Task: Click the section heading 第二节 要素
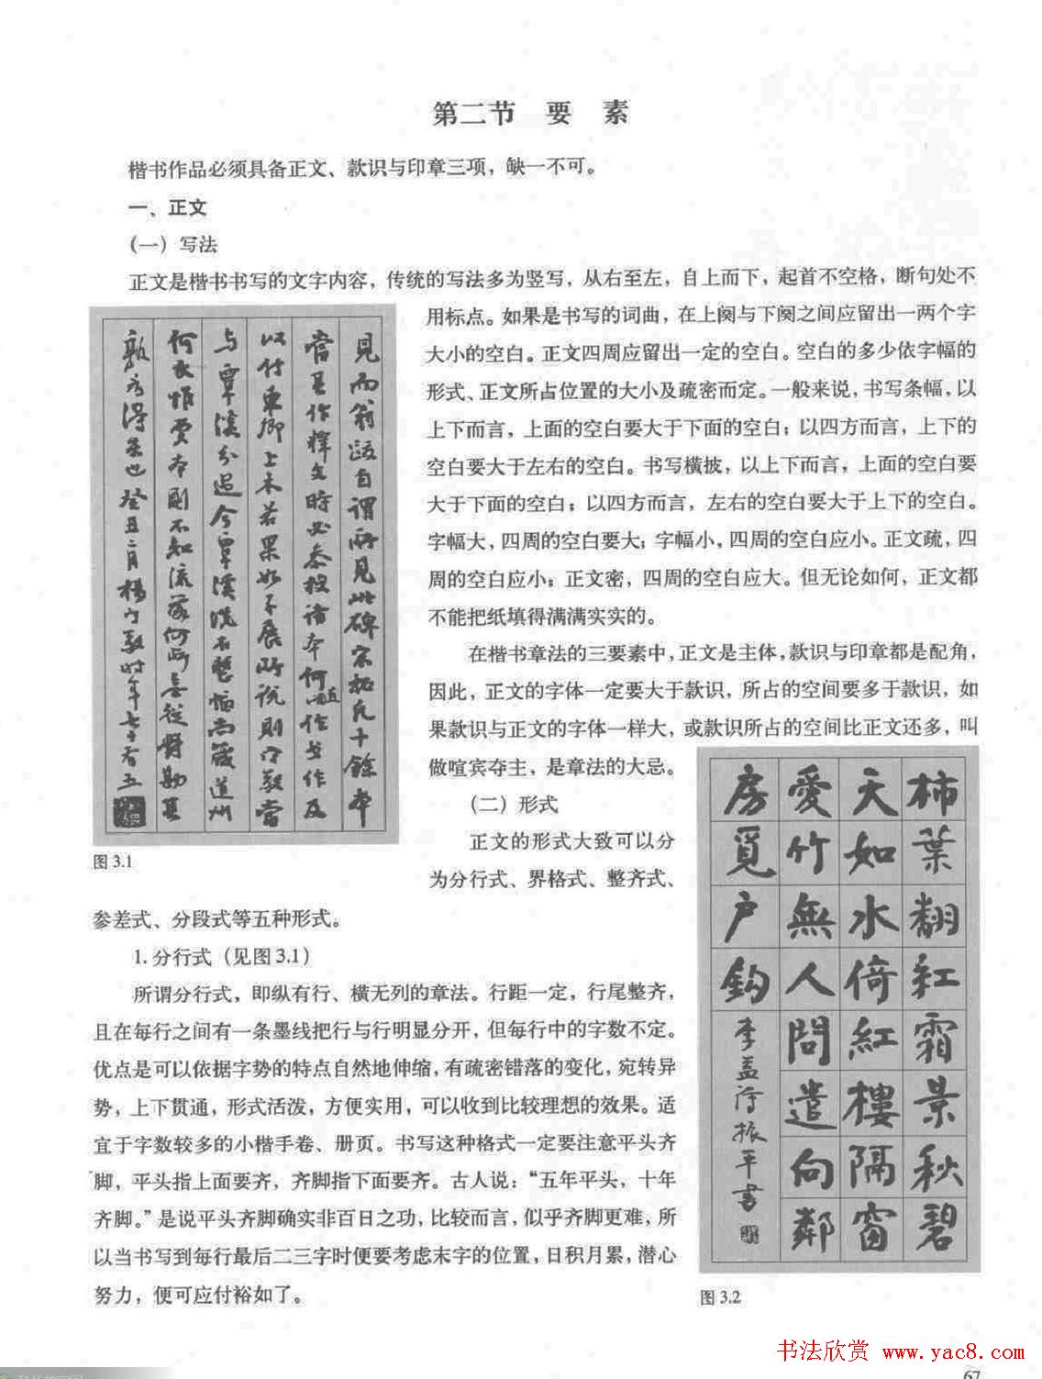pyautogui.click(x=529, y=114)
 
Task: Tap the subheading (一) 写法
pyautogui.click(x=173, y=245)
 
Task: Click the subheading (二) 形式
pyautogui.click(x=513, y=805)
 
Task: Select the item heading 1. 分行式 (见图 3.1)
pyautogui.click(x=221, y=957)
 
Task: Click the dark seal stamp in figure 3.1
pyautogui.click(x=123, y=810)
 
